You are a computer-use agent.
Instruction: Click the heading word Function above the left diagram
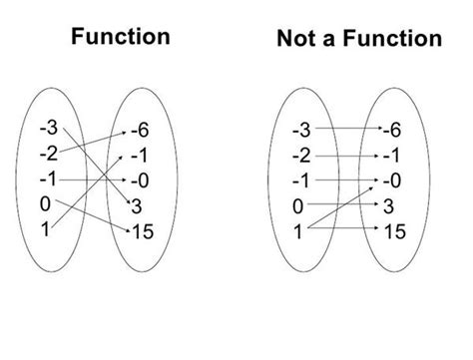[x=120, y=38]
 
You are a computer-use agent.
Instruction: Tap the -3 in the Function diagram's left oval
[x=48, y=128]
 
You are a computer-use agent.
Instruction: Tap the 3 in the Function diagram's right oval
[x=137, y=207]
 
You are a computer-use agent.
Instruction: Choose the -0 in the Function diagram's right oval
[x=141, y=182]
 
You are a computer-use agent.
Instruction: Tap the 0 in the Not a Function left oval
[x=298, y=207]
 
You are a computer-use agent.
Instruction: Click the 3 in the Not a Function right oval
[x=389, y=206]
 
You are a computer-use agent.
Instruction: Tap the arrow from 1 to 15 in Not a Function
[x=344, y=230]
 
